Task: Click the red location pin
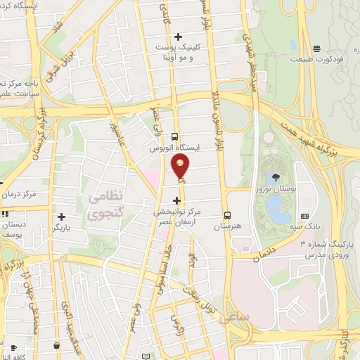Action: [180, 165]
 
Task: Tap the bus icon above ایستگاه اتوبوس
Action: [175, 137]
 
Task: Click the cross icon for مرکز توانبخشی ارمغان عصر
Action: [176, 200]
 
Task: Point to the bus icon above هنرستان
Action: [226, 214]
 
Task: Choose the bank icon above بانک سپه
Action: [304, 215]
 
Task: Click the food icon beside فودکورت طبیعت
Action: [317, 49]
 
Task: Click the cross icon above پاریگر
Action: [63, 217]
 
